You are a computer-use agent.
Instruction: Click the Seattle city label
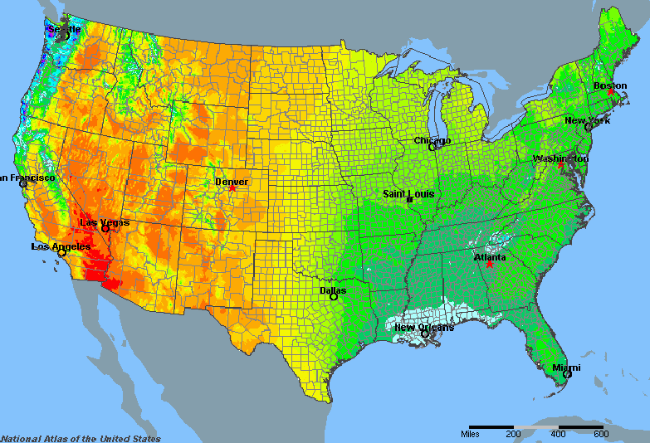click(64, 29)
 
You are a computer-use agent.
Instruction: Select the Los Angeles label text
click(61, 246)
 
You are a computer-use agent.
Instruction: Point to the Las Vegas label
click(105, 221)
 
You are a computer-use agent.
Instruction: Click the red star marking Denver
click(233, 188)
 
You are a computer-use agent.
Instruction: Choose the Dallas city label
click(333, 290)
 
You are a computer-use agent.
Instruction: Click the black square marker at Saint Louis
click(409, 200)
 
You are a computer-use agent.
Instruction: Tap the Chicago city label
click(433, 140)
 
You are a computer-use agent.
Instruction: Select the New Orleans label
click(424, 327)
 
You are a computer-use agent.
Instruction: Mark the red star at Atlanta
click(490, 265)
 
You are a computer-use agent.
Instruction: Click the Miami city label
click(566, 367)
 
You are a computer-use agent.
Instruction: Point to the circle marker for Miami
click(568, 374)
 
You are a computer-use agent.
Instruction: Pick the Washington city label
click(561, 158)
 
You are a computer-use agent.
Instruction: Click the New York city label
click(588, 120)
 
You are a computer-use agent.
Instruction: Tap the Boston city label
click(610, 85)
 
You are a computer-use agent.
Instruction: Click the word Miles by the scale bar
click(470, 433)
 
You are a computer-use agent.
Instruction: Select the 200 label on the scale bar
click(513, 433)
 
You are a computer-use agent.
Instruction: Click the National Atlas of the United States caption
click(81, 438)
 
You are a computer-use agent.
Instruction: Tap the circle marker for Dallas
click(334, 297)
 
